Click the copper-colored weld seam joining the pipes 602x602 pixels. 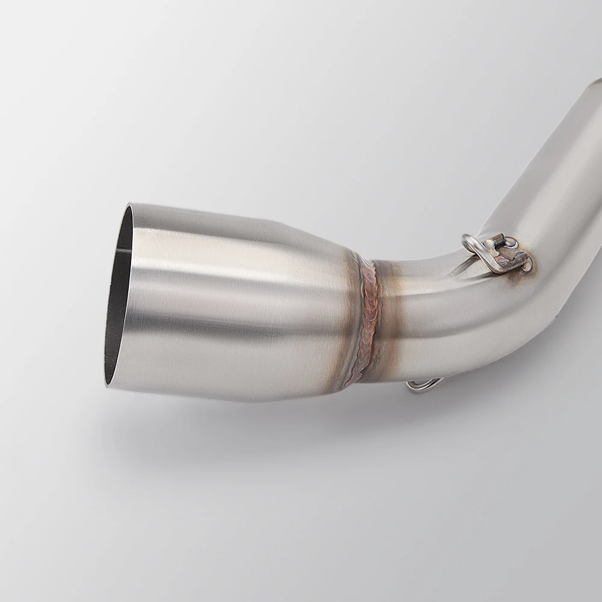368,319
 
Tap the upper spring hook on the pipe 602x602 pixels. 497,253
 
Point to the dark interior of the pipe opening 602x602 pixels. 117,301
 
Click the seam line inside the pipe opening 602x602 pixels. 123,250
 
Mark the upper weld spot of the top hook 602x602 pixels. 510,243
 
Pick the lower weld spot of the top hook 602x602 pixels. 525,264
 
